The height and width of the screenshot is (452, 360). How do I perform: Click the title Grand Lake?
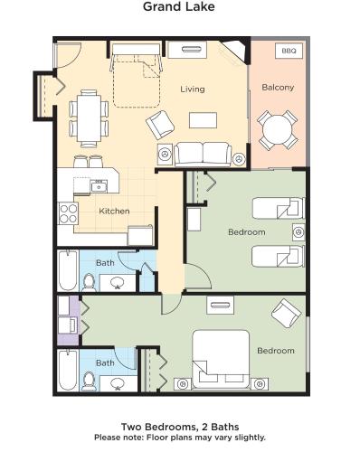[x=179, y=8]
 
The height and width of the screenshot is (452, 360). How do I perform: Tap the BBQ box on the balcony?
[x=288, y=52]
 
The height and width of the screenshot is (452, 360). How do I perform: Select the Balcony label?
[x=278, y=88]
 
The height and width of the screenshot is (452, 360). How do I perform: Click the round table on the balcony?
[x=277, y=129]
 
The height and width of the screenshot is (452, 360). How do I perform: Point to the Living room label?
[x=193, y=89]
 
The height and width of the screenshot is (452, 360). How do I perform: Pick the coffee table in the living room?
[x=204, y=119]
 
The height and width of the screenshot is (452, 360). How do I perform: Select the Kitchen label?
[x=115, y=211]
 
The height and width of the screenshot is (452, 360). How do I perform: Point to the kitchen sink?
[x=98, y=187]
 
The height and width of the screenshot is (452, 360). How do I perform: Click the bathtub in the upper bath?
[x=68, y=269]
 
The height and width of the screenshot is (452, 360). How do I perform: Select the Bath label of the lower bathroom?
[x=105, y=363]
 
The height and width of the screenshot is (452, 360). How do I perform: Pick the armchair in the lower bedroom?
[x=286, y=314]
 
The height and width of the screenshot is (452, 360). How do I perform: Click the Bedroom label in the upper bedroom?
[x=246, y=232]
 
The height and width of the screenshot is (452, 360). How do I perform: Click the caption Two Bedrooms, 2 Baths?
[x=179, y=426]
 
